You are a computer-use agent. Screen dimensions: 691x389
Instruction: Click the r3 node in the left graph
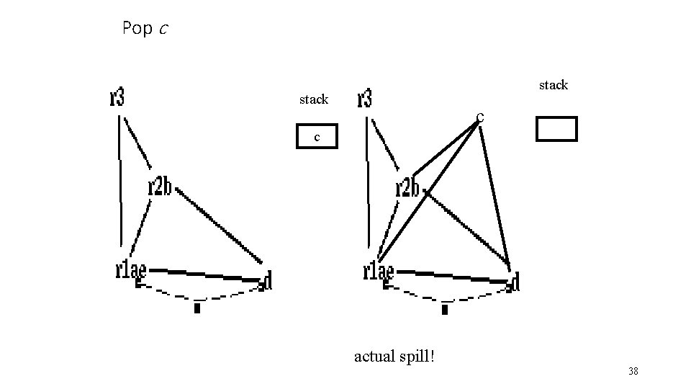117,97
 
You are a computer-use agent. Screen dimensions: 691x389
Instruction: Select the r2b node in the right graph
407,188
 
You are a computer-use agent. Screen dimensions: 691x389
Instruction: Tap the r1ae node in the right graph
379,272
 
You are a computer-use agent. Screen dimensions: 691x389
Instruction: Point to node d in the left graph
267,281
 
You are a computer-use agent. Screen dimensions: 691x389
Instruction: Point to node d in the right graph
514,282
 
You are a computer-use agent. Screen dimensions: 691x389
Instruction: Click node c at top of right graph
479,116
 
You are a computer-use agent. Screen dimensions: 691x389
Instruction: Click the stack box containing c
317,136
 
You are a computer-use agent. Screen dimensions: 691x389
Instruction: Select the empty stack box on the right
556,128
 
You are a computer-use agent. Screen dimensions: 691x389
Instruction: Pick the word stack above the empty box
554,85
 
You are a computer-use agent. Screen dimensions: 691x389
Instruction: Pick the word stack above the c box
314,99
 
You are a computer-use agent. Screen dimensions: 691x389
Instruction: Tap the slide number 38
633,371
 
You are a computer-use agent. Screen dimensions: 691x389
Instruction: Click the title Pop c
146,29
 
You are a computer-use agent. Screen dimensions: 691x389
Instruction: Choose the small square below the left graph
197,308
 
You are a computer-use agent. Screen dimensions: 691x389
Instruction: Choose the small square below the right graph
445,310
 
